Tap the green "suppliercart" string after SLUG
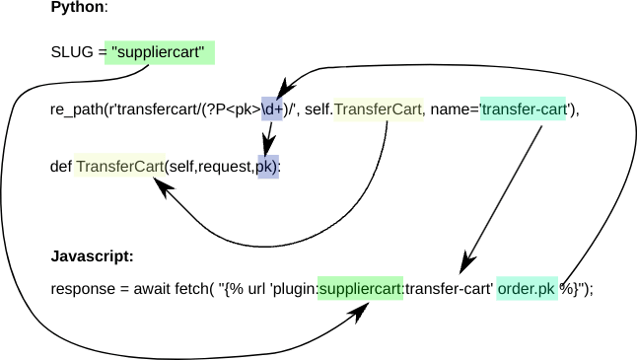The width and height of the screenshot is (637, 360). pos(162,51)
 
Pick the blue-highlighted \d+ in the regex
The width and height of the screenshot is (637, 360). pos(272,109)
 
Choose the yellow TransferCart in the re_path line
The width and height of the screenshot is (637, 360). pos(379,109)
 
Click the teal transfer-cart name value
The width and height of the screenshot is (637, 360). pos(524,109)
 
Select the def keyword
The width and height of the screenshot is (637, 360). pos(60,165)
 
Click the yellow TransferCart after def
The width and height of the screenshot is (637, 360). pos(119,165)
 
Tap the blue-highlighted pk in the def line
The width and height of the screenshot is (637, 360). pos(267,165)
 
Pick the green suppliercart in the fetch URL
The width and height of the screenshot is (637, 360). pos(361,289)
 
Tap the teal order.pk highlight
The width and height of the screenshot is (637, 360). pos(527,289)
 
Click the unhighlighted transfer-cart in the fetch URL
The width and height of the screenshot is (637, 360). pos(450,289)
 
